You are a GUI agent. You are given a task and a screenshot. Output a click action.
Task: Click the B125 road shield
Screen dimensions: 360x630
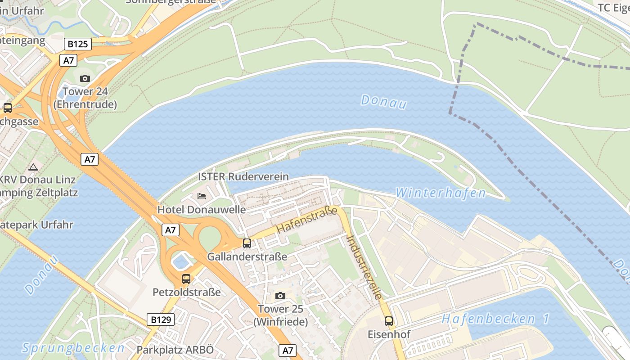pyautogui.click(x=78, y=44)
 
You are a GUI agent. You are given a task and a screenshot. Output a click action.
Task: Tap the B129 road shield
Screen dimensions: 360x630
pyautogui.click(x=161, y=320)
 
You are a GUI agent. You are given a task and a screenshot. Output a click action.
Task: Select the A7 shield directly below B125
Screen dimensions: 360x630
pyautogui.click(x=68, y=60)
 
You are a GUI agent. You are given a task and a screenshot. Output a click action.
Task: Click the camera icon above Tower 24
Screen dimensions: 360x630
pyautogui.click(x=85, y=79)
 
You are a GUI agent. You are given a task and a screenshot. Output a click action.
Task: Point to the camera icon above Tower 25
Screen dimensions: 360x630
pyautogui.click(x=280, y=296)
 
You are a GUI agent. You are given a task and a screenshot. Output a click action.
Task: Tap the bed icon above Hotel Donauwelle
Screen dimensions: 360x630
pyautogui.click(x=202, y=196)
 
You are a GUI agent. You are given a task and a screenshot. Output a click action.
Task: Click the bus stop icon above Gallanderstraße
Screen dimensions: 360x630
pyautogui.click(x=247, y=243)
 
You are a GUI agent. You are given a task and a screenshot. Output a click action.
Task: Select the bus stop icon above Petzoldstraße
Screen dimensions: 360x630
pyautogui.click(x=186, y=279)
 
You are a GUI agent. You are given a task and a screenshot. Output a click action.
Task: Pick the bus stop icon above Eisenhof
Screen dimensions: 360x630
pyautogui.click(x=389, y=321)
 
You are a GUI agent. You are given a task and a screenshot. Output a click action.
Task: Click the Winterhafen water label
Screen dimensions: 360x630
pyautogui.click(x=441, y=193)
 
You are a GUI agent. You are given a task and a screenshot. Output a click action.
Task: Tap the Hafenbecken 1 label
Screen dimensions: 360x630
pyautogui.click(x=495, y=319)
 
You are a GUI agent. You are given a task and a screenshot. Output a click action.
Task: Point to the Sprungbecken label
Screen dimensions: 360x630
pyautogui.click(x=73, y=348)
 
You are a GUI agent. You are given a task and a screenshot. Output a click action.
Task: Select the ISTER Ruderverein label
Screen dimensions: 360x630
pyautogui.click(x=243, y=176)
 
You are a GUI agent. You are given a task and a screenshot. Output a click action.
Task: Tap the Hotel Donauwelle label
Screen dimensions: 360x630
pyautogui.click(x=202, y=210)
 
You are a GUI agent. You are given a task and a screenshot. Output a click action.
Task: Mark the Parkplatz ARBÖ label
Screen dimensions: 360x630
pyautogui.click(x=175, y=350)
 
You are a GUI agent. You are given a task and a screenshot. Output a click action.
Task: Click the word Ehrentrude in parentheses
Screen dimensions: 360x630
pyautogui.click(x=85, y=104)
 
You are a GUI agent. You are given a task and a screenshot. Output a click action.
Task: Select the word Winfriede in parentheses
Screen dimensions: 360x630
pyautogui.click(x=280, y=322)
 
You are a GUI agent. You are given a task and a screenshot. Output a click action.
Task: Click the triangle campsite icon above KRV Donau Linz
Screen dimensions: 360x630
pyautogui.click(x=33, y=167)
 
